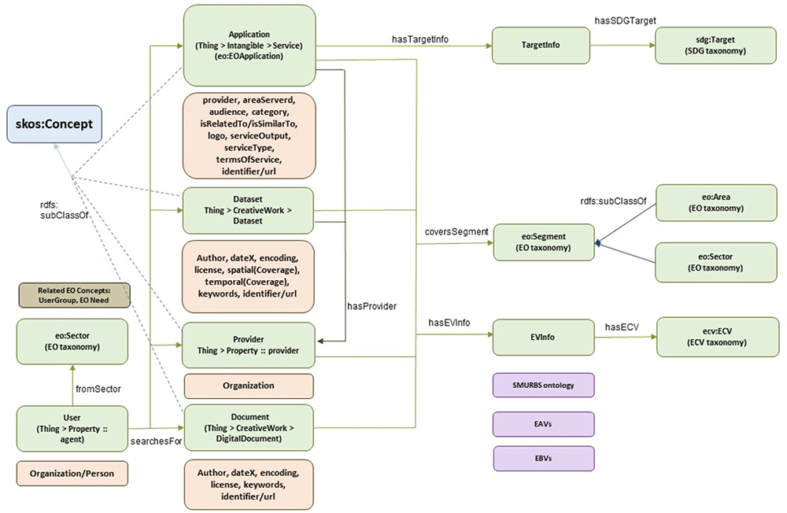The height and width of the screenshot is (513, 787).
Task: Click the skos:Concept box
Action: pyautogui.click(x=54, y=124)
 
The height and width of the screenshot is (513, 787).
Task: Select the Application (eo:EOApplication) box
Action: pyautogui.click(x=249, y=45)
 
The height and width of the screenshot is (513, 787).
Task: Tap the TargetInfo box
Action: pyautogui.click(x=541, y=45)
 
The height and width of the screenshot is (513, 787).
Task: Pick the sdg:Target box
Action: pyautogui.click(x=715, y=45)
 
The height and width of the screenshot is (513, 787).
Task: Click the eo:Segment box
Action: pyautogui.click(x=544, y=242)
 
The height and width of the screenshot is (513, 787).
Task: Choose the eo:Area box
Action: pyautogui.click(x=716, y=203)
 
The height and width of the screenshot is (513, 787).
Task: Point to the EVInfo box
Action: pyautogui.click(x=543, y=338)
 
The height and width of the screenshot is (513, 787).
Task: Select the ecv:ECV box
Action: pyautogui.click(x=717, y=337)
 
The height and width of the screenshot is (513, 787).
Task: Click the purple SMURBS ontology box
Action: pyautogui.click(x=544, y=386)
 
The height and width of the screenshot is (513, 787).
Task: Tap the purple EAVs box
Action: pyautogui.click(x=544, y=424)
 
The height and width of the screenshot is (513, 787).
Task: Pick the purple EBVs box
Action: pyautogui.click(x=544, y=458)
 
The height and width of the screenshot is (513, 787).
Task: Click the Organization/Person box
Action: pyautogui.click(x=72, y=474)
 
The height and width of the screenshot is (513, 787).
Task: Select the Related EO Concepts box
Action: pyautogui.click(x=74, y=295)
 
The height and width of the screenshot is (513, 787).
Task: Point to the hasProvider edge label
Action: pyautogui.click(x=372, y=306)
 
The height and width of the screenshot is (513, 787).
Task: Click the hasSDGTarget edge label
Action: pyautogui.click(x=626, y=20)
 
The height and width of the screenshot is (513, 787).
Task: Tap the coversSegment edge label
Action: pyautogui.click(x=456, y=231)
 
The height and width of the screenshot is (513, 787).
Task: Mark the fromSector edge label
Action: pyautogui.click(x=98, y=389)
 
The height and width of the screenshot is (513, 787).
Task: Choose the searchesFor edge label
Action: pyautogui.click(x=156, y=441)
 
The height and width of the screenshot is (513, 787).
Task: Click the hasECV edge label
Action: pyautogui.click(x=622, y=327)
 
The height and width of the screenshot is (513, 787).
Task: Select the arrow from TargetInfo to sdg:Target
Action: pyautogui.click(x=623, y=45)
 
